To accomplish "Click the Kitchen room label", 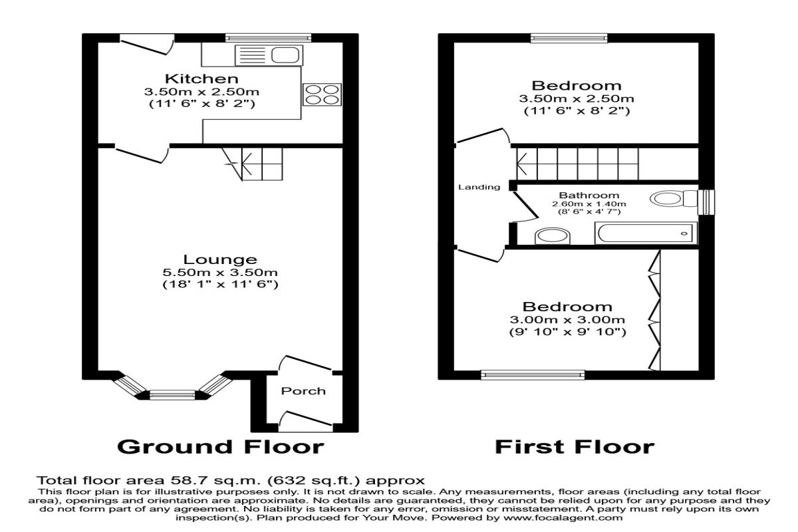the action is point(201,78).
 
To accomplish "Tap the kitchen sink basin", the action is point(285,55).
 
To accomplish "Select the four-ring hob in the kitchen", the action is point(322,94).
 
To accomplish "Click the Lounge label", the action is point(220,259).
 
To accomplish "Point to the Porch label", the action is point(303,391).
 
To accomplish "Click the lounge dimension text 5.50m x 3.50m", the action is point(220,273).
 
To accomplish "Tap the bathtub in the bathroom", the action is point(646,233).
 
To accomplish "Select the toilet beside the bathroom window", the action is point(674,198).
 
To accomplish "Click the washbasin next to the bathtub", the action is point(553,237).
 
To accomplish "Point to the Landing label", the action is point(479,187).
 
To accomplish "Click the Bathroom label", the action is point(589,196).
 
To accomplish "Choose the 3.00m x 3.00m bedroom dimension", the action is point(567,320).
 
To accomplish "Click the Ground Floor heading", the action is point(221,447).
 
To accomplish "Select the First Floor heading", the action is point(575,447).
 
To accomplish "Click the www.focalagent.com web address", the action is point(563,517).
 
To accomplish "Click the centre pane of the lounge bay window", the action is point(172,395).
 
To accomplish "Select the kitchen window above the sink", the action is point(268,38).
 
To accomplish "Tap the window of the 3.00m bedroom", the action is point(533,375).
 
